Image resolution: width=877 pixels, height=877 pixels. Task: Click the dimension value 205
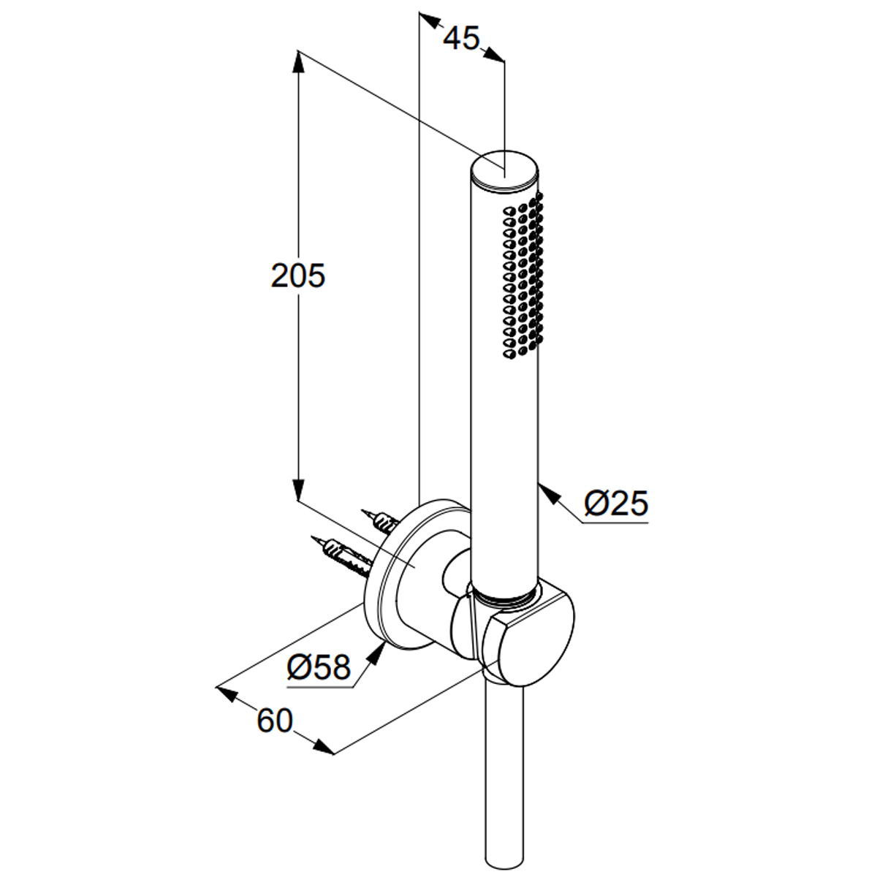pos(297,276)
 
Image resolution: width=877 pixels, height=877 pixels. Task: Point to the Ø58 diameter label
pos(319,666)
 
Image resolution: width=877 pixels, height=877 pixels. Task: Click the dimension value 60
pos(274,721)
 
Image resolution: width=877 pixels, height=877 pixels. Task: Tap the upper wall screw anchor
pos(380,520)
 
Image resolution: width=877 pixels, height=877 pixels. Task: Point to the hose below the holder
pos(504,775)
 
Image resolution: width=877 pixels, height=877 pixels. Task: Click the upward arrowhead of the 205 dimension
pos(298,61)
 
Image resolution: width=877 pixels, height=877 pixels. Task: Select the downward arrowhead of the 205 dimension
pos(298,490)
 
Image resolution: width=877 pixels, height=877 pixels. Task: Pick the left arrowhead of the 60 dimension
pos(228,693)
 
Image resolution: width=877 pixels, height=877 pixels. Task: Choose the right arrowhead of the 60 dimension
pos(323,748)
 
